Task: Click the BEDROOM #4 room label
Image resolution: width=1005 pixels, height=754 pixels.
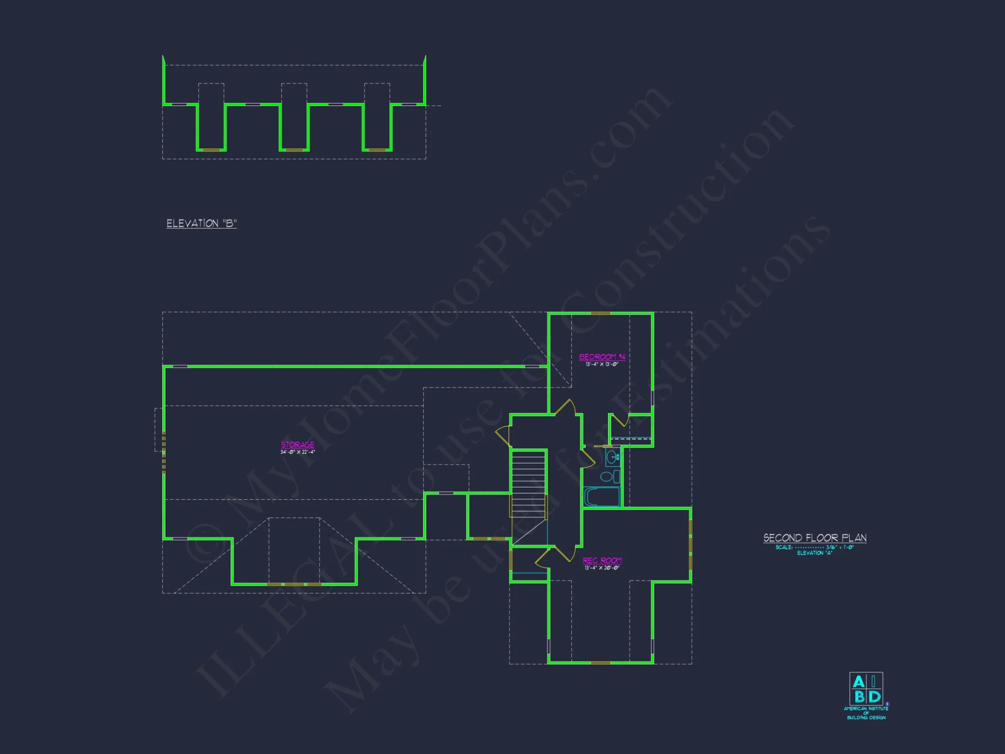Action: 601,357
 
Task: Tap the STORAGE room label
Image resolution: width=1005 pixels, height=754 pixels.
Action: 297,444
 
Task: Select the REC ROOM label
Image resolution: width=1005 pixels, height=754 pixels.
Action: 602,560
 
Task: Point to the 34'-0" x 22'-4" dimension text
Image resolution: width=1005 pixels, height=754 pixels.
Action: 297,452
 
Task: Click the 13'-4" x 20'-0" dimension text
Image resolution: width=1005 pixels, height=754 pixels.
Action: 601,568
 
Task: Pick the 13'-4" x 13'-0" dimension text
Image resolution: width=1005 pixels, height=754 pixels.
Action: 601,364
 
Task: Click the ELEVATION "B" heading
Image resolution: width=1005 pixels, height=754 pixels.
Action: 202,224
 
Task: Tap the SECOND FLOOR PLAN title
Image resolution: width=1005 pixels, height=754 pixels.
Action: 815,538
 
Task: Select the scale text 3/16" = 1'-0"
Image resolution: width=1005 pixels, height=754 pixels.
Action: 840,547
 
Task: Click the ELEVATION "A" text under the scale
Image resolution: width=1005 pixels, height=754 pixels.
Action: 815,553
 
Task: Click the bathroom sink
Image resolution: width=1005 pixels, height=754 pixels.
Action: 612,457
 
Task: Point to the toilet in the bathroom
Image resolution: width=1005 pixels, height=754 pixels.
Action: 608,477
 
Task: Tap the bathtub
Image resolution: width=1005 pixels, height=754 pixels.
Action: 602,497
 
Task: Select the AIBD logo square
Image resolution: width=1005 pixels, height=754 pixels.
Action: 866,689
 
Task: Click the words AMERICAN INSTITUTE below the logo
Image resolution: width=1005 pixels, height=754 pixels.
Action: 866,708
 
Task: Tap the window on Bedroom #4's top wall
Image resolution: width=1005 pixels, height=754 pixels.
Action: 600,313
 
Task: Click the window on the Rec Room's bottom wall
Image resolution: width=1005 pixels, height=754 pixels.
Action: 600,663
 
